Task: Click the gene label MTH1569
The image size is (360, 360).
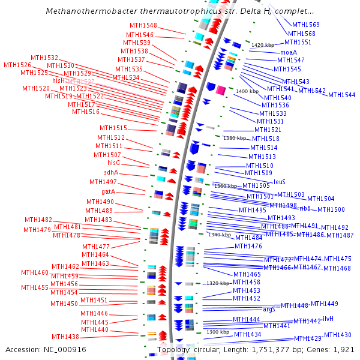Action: [x=305, y=25]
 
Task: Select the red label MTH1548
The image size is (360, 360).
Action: [x=143, y=25]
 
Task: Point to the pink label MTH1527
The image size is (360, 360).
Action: [x=80, y=81]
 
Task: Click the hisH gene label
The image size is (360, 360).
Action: [x=59, y=80]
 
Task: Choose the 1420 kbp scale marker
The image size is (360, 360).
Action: [x=263, y=45]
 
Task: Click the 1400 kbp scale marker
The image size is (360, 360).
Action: [x=247, y=91]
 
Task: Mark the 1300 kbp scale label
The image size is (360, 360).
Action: [x=217, y=332]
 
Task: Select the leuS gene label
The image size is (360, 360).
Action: [x=280, y=181]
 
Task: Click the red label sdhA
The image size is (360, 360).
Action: [x=111, y=173]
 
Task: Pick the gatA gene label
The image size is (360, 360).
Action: [x=108, y=192]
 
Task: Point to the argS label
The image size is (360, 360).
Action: [x=269, y=309]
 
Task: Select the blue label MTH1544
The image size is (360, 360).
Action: [x=341, y=95]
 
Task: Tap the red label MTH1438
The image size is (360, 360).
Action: [x=65, y=337]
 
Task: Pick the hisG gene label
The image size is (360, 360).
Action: [x=113, y=163]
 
